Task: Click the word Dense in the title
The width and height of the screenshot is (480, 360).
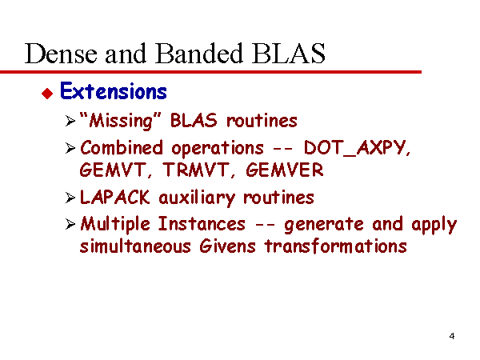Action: pos(62,54)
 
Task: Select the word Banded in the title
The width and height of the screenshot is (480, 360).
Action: pos(199,54)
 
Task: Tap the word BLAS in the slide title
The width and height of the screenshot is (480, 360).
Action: pos(288,54)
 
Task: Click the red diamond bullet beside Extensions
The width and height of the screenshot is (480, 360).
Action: pos(47,93)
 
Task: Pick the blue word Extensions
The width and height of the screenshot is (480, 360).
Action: pos(114,91)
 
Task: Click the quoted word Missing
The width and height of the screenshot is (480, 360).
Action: pos(120,120)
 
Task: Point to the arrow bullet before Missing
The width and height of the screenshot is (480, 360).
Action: pos(70,121)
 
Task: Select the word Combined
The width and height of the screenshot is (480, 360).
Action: pos(122,147)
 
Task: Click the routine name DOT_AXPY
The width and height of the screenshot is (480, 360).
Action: pos(357,148)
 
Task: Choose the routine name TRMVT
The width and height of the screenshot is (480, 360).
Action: pos(198,170)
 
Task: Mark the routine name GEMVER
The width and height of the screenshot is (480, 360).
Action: pos(285,170)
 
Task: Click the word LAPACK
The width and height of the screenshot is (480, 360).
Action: pos(114,197)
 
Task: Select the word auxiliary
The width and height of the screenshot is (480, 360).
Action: pos(197,198)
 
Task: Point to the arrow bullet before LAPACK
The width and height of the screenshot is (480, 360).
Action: pos(70,198)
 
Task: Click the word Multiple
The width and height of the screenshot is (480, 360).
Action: pos(115,224)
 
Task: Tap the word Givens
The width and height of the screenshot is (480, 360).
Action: pos(227,246)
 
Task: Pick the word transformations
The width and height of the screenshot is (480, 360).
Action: pos(336,246)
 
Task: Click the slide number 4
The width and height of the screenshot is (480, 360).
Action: pos(452,336)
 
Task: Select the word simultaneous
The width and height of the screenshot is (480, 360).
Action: pos(135,246)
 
